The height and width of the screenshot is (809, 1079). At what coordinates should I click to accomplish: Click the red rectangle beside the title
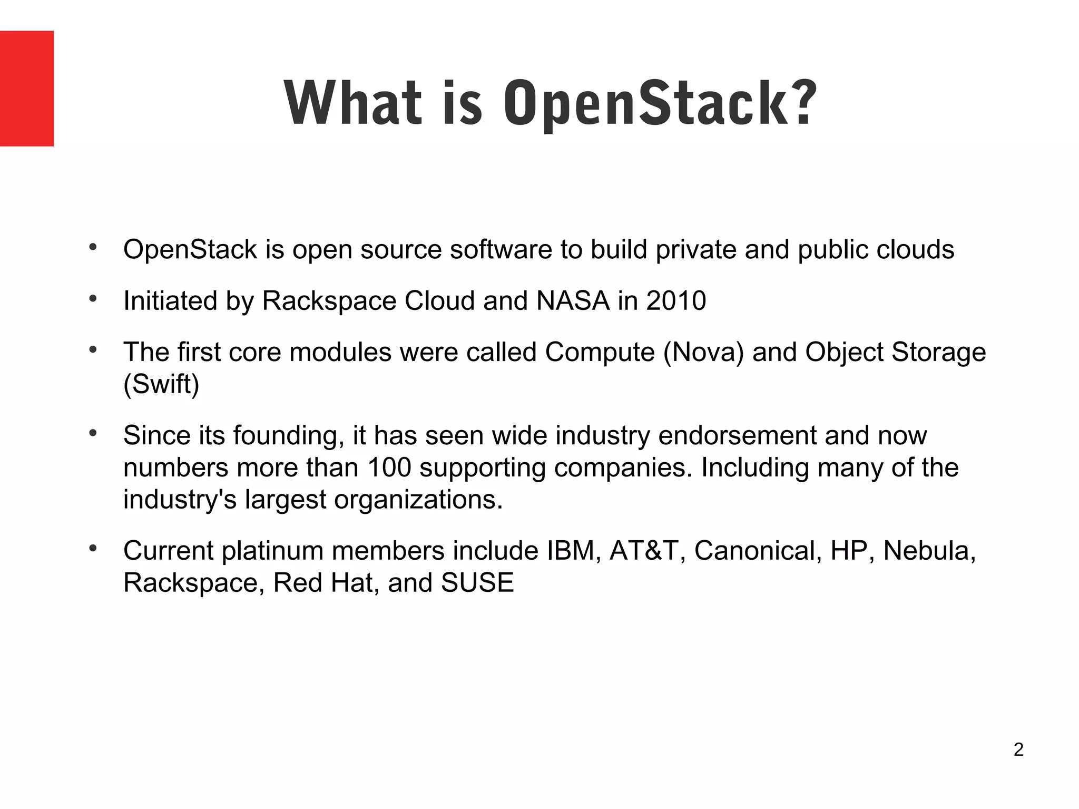pyautogui.click(x=26, y=88)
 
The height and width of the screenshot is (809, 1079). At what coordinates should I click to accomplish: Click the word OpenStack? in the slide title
pyautogui.click(x=660, y=103)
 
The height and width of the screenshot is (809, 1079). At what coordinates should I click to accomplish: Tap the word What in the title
pyautogui.click(x=353, y=103)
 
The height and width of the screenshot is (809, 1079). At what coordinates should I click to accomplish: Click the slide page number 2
pyautogui.click(x=1018, y=749)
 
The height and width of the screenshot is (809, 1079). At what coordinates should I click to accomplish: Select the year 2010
pyautogui.click(x=676, y=301)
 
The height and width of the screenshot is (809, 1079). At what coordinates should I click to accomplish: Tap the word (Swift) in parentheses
pyautogui.click(x=161, y=384)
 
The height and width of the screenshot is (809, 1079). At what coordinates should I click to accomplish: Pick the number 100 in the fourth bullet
pyautogui.click(x=389, y=467)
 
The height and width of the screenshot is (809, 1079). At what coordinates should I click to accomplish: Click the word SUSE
pyautogui.click(x=477, y=583)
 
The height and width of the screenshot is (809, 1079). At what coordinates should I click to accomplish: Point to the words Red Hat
pyautogui.click(x=322, y=583)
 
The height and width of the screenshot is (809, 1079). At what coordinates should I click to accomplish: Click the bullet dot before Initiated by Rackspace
pyautogui.click(x=93, y=299)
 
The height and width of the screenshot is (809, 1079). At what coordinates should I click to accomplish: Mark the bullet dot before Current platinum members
pyautogui.click(x=93, y=549)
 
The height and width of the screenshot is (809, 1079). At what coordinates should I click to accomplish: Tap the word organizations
pyautogui.click(x=418, y=500)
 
